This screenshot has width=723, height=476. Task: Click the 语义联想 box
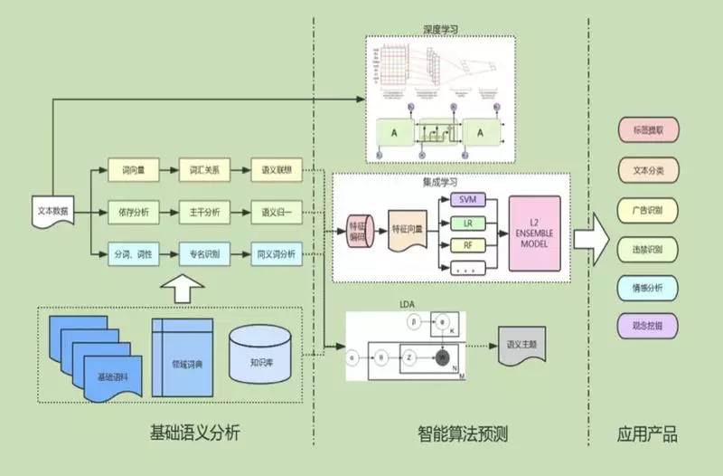(275, 170)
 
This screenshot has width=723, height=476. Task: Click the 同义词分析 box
(275, 253)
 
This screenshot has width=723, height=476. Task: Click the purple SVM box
(467, 199)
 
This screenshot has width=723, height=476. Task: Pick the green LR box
(467, 223)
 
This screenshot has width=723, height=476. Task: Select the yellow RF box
(467, 245)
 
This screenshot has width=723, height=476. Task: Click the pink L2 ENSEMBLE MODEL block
(534, 233)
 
